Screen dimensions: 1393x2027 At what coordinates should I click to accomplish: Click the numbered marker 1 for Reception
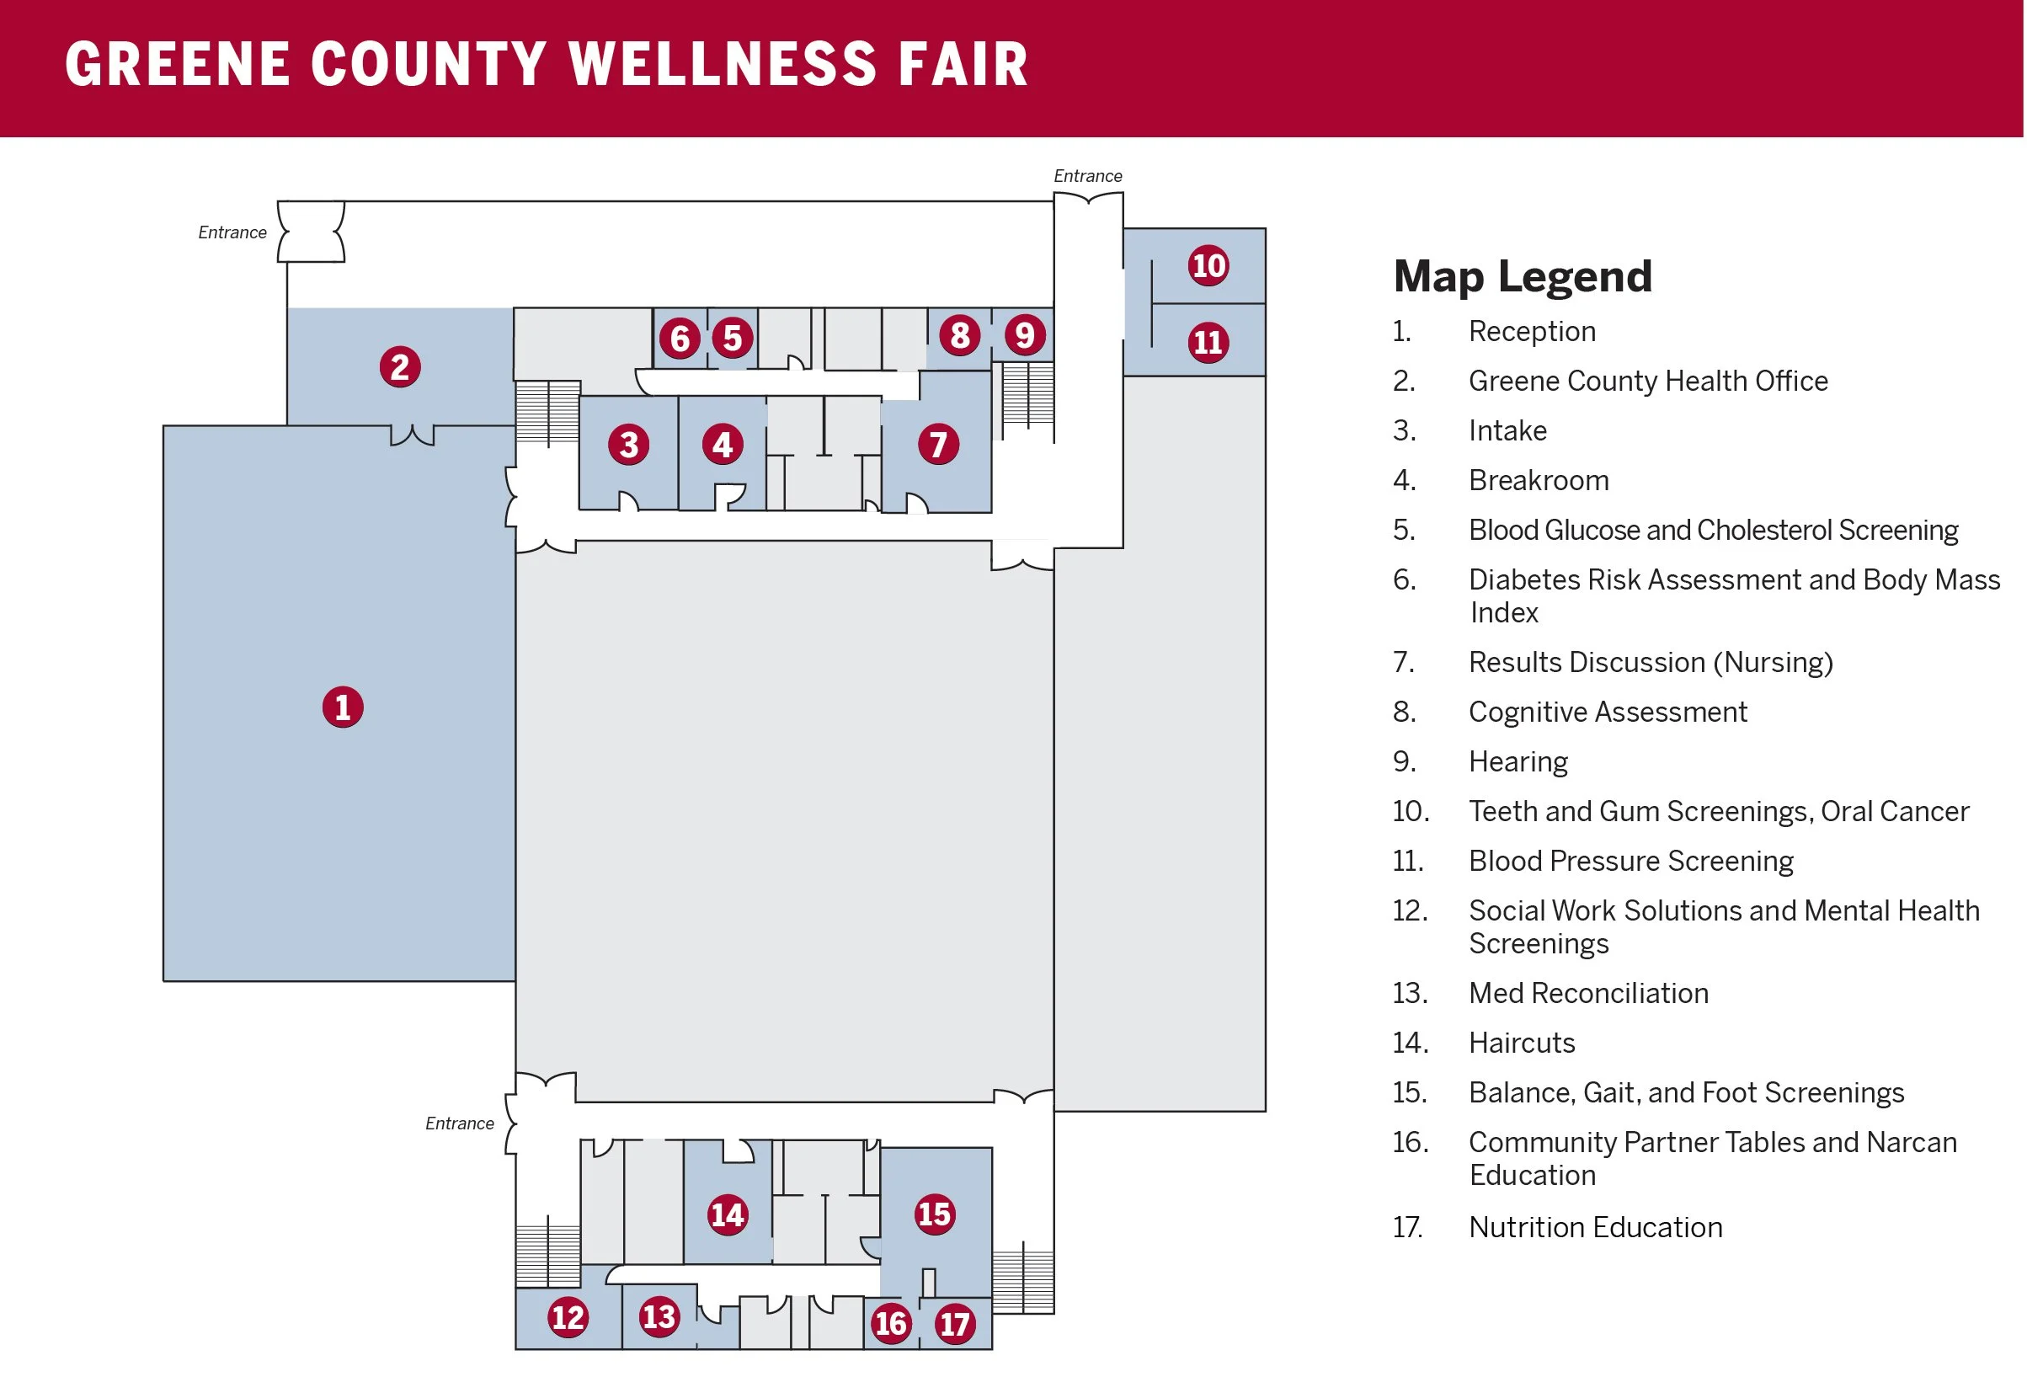(x=343, y=707)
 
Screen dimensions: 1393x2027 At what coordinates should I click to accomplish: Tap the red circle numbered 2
(x=400, y=366)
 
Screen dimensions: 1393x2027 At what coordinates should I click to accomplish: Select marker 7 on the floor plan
(x=938, y=444)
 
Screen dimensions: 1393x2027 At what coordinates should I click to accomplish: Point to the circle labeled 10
(x=1208, y=265)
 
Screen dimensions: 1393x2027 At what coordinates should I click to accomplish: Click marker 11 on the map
(x=1208, y=342)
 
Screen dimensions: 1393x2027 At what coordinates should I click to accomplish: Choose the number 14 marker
(x=727, y=1214)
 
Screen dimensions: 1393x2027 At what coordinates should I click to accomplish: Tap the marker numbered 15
(x=934, y=1214)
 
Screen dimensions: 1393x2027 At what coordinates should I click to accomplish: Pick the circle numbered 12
(x=568, y=1316)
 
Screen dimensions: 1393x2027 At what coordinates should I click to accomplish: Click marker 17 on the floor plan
(x=955, y=1324)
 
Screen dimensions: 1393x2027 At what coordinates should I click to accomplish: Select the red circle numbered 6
(x=680, y=339)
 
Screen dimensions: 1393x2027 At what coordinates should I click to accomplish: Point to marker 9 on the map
(x=1024, y=335)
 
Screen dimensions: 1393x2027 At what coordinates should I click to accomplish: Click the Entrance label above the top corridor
(x=1087, y=176)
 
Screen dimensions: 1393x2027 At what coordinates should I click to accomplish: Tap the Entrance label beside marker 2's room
(x=232, y=233)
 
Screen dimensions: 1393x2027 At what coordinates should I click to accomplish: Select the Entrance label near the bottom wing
(x=459, y=1123)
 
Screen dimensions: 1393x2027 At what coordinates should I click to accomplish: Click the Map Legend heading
(x=1522, y=277)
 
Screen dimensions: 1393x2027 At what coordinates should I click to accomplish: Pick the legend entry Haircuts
(x=1521, y=1043)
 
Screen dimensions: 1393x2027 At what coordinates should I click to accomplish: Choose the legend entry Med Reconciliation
(x=1587, y=993)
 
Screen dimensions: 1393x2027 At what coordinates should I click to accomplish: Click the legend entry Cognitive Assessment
(x=1607, y=713)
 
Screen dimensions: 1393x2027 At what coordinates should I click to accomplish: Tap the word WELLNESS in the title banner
(x=722, y=65)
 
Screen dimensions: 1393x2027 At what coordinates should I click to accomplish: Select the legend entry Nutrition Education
(x=1594, y=1227)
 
